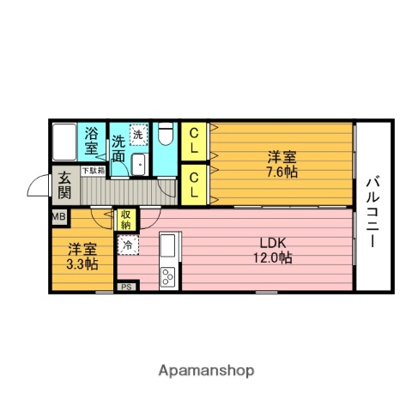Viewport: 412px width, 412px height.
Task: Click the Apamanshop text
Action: pos(206,371)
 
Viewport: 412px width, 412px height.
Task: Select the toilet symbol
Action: pos(167,134)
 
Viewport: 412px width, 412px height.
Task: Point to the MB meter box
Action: pos(58,217)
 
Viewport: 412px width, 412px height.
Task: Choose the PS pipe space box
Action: pos(126,287)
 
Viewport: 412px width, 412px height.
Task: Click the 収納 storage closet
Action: pos(125,220)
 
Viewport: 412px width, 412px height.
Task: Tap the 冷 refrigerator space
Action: pos(127,245)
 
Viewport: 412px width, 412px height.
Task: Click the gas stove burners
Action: pos(167,276)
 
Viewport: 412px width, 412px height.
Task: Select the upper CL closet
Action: pos(194,141)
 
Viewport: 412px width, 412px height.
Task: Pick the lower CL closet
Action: pos(194,185)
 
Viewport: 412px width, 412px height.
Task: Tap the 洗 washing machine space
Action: pos(138,136)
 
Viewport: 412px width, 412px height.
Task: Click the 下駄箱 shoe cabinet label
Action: pos(93,171)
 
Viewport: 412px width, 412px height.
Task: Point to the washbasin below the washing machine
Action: pos(138,163)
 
